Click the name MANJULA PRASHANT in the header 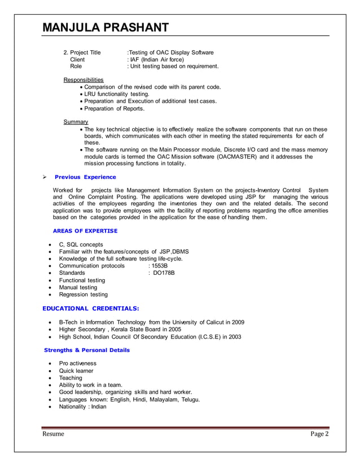tap(106, 27)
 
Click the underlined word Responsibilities tap(84, 80)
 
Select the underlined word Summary tap(76, 122)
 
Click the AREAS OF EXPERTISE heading tap(85, 231)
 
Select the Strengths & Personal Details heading tap(87, 350)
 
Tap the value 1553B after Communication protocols tap(159, 266)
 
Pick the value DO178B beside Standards tap(164, 273)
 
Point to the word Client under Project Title tap(77, 59)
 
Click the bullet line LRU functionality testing tap(117, 94)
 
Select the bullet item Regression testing tap(83, 294)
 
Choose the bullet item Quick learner tap(76, 371)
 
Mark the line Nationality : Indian tap(82, 406)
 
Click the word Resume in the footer tap(53, 434)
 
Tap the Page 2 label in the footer tap(319, 434)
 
